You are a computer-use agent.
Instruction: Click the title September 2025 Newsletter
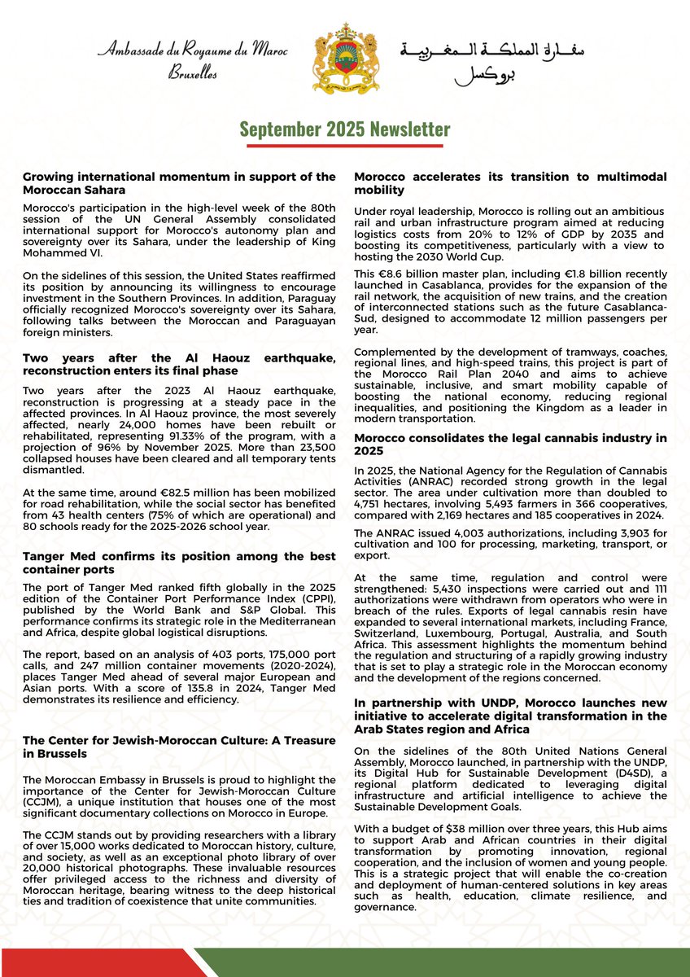[x=345, y=129]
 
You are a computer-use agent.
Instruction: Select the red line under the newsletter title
[x=345, y=147]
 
